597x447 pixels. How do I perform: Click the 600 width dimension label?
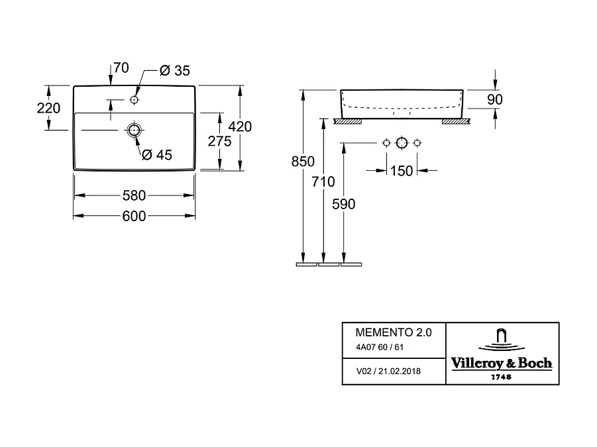[x=134, y=216]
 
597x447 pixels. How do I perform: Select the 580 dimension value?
[x=134, y=195]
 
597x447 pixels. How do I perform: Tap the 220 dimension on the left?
[x=49, y=109]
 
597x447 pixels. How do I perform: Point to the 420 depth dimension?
[x=240, y=126]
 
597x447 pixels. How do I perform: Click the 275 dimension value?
[x=220, y=140]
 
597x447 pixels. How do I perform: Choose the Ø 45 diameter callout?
[x=156, y=154]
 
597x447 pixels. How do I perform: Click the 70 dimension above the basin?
[x=121, y=68]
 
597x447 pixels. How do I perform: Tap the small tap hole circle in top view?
[x=134, y=100]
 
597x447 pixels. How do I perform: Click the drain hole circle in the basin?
[x=135, y=130]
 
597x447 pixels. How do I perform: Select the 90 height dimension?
[x=495, y=99]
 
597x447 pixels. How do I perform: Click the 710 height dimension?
[x=323, y=181]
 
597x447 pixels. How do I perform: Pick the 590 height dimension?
[x=344, y=204]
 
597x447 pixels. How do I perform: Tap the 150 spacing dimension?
[x=401, y=171]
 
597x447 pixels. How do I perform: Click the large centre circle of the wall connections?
[x=401, y=143]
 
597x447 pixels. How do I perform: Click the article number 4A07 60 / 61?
[x=379, y=348]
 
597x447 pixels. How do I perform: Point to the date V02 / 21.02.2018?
[x=388, y=372]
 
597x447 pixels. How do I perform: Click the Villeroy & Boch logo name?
[x=502, y=363]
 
